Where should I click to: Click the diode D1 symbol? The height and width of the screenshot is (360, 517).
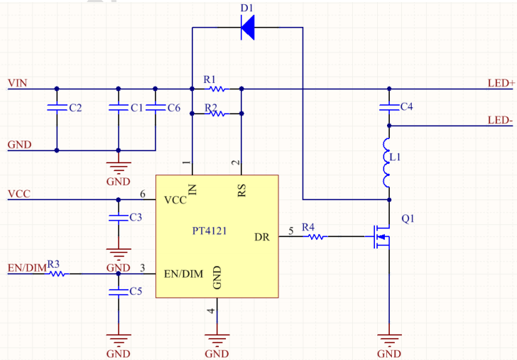[248, 28]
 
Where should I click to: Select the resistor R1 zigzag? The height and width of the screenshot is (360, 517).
[217, 89]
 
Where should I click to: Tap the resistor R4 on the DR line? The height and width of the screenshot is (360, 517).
[315, 236]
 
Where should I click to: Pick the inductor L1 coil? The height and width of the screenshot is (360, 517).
[387, 163]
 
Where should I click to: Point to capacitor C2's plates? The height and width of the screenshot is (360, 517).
[57, 107]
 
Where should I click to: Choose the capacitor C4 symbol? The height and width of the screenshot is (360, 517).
[389, 107]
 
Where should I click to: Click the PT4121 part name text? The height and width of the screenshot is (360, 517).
[209, 231]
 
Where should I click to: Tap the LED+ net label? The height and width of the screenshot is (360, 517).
[501, 83]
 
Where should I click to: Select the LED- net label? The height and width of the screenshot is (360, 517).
[500, 120]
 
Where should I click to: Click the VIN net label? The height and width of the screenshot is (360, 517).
[18, 83]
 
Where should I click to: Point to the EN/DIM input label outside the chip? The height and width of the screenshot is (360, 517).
[27, 268]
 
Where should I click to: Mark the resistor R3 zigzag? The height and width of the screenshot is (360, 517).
[57, 273]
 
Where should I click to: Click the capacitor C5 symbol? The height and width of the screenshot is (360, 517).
[119, 292]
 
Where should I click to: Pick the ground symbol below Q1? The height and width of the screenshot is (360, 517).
[389, 339]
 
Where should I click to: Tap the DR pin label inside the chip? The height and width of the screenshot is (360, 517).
[262, 237]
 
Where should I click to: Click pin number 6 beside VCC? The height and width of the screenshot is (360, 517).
[143, 194]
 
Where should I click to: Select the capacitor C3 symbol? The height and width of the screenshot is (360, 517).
[119, 218]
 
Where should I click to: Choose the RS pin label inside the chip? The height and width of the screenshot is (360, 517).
[241, 190]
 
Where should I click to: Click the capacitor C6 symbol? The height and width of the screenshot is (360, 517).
[156, 107]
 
